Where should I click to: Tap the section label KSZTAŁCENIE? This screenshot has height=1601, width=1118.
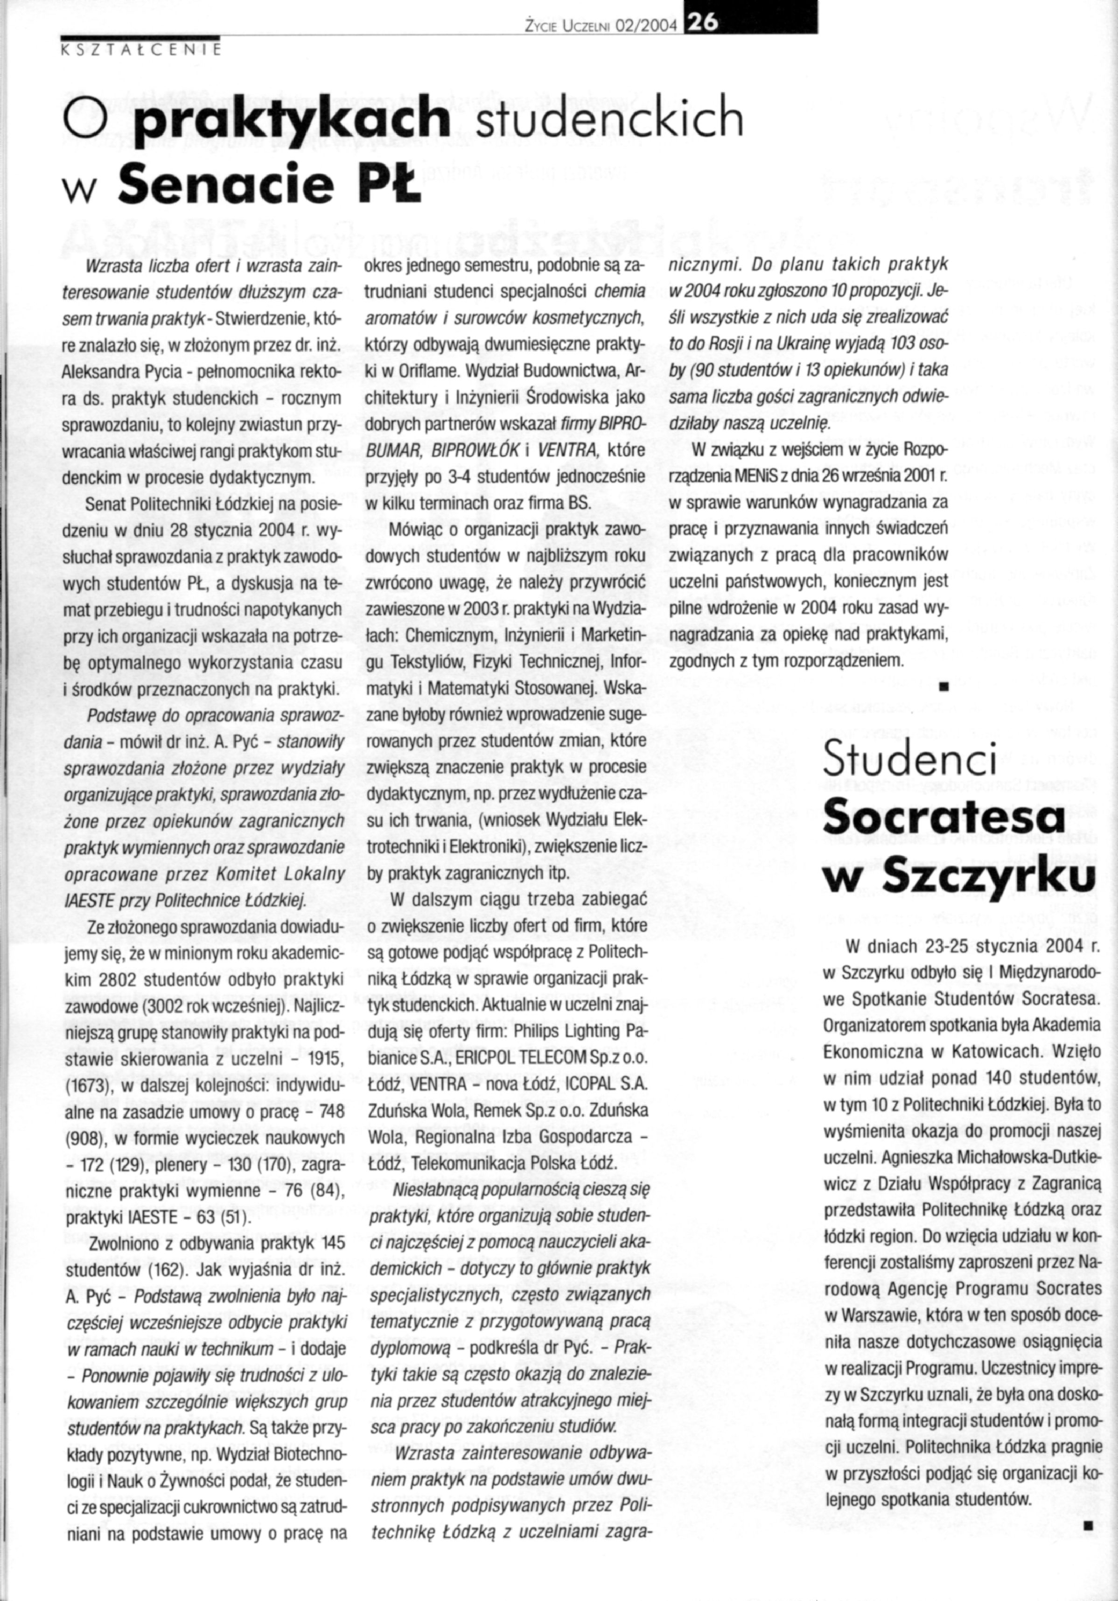[x=140, y=49]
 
